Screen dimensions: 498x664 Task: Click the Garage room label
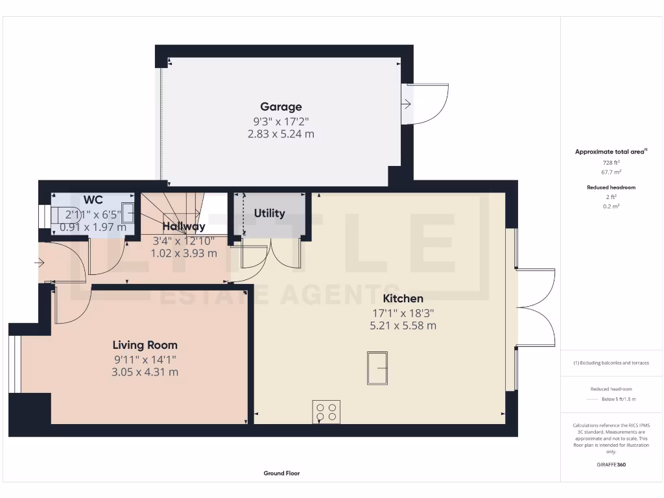(x=281, y=107)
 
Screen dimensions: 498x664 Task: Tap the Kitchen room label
(x=403, y=298)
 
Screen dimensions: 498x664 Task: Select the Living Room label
(x=145, y=345)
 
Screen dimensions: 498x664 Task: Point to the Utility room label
(x=269, y=213)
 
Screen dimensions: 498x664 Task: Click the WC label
(x=93, y=200)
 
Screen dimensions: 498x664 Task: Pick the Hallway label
(x=184, y=226)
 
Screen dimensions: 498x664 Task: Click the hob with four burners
(x=326, y=412)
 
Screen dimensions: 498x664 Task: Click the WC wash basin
(x=128, y=213)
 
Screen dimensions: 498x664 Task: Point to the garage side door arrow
(x=407, y=104)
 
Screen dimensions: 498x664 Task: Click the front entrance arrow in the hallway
(x=40, y=263)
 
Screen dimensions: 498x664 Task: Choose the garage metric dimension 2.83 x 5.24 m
(x=281, y=134)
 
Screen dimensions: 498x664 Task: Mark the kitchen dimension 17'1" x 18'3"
(x=403, y=313)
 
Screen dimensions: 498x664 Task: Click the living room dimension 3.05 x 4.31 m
(x=145, y=372)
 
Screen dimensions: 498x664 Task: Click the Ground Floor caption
(x=281, y=473)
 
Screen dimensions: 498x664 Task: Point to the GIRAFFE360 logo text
(x=611, y=464)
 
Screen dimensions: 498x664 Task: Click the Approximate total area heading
(x=610, y=152)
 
